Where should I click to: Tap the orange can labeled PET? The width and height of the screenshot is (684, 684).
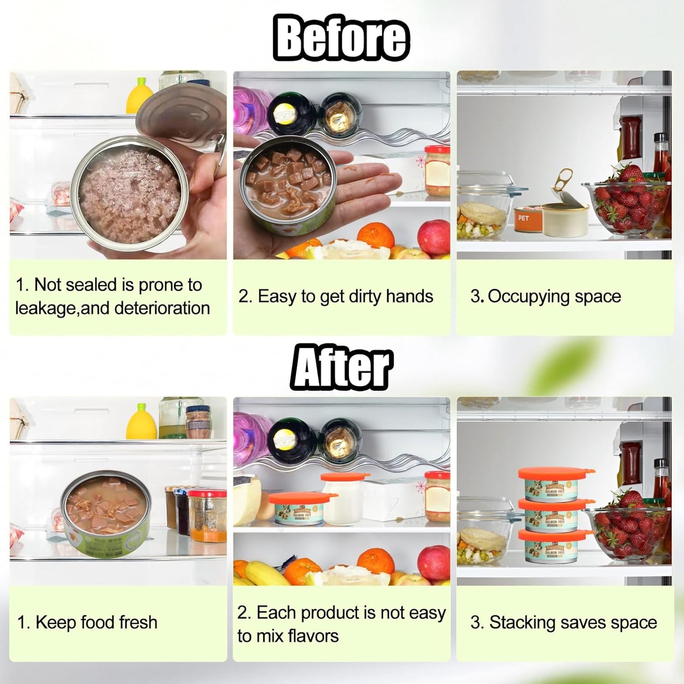(x=527, y=219)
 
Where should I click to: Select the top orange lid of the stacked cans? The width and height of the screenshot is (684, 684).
(x=556, y=473)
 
